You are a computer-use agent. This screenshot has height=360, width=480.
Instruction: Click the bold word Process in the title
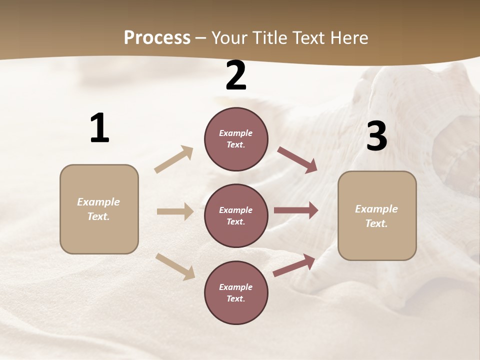(157, 37)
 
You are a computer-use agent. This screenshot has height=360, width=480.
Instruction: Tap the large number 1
(99, 128)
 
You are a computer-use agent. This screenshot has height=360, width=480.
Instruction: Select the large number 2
(236, 75)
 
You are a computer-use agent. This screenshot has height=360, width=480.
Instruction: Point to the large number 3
(376, 136)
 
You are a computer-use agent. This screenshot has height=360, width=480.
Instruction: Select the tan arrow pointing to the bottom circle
(175, 266)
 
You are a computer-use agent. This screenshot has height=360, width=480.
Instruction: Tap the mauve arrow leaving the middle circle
(296, 210)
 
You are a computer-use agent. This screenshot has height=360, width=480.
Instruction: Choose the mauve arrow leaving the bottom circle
(294, 265)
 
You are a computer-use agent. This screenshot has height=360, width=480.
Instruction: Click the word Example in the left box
(98, 202)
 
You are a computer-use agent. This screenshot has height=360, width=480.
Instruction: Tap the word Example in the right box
(376, 209)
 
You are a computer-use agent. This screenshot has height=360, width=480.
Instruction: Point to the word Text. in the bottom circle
(236, 298)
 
